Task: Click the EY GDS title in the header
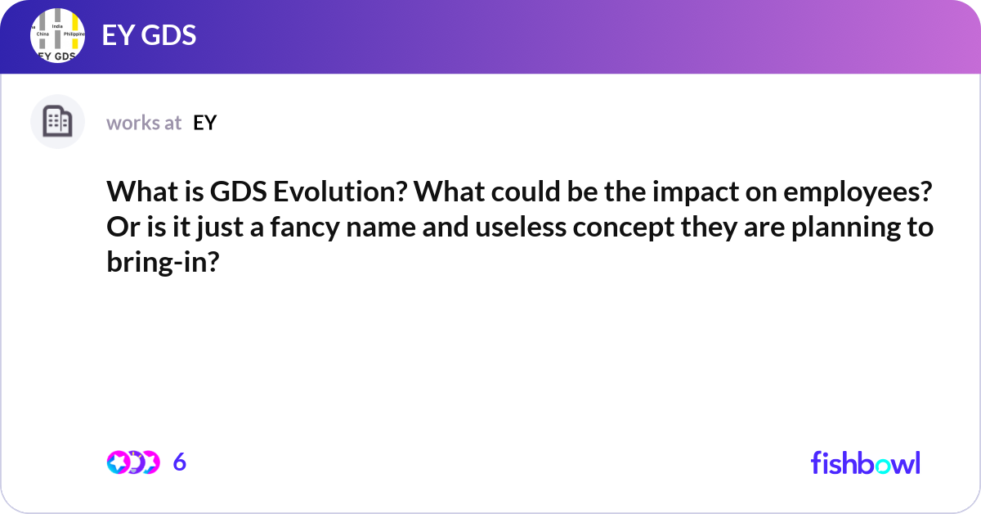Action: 149,36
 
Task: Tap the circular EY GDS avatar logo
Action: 58,36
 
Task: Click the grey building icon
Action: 57,122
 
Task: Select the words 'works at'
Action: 144,123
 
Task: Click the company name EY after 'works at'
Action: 204,123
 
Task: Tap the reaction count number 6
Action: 180,462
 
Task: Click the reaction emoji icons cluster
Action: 132,462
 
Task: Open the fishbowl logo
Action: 865,462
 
